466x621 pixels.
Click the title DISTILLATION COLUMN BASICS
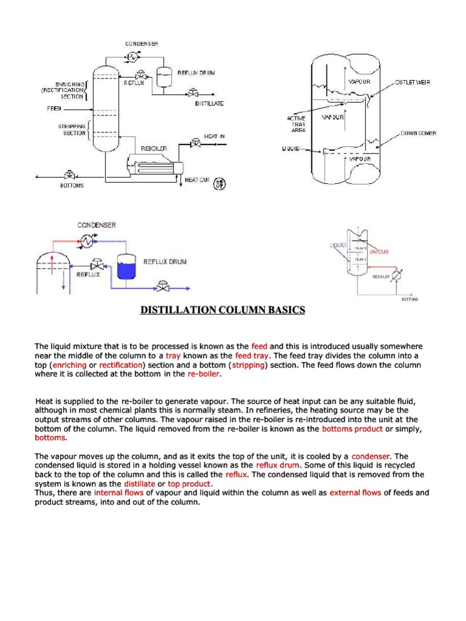tap(223, 310)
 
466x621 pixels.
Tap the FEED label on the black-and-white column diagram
tap(54, 109)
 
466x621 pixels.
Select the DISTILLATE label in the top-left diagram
tap(209, 104)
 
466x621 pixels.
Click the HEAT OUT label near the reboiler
tap(197, 180)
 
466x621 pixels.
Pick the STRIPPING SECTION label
tap(72, 129)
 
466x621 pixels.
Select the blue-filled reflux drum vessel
tap(127, 265)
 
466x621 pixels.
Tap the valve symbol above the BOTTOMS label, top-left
tap(70, 176)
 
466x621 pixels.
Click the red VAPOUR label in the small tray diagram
tap(379, 251)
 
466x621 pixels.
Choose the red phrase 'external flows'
tap(355, 493)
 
